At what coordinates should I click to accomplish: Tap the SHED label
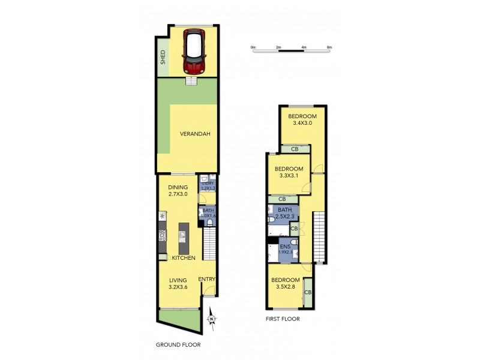click(x=162, y=57)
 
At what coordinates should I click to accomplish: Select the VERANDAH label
click(x=195, y=134)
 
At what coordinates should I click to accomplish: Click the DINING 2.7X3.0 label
click(x=178, y=191)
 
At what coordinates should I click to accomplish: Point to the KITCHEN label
click(x=184, y=257)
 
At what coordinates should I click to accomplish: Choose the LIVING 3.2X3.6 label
click(x=178, y=284)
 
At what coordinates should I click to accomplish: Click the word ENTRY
click(x=206, y=279)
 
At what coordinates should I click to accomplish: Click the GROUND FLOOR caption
click(x=178, y=345)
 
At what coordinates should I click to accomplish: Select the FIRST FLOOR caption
click(x=283, y=319)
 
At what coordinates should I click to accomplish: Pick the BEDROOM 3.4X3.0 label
click(x=302, y=119)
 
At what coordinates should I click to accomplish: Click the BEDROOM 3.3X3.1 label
click(x=289, y=173)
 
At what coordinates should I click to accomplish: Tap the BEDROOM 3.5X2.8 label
click(x=285, y=284)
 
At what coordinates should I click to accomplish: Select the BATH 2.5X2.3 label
click(x=284, y=212)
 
